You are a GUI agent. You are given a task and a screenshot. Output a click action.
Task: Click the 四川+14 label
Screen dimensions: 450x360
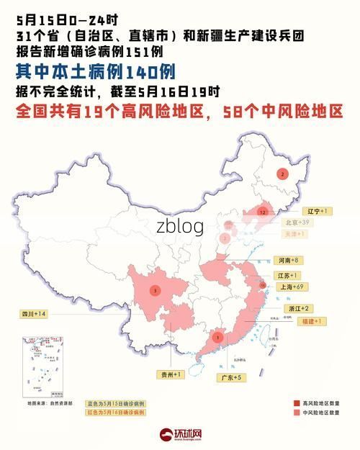33,314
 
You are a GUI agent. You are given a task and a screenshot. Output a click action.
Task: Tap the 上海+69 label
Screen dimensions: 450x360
290,287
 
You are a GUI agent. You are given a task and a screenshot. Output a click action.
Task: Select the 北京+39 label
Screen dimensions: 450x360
296,223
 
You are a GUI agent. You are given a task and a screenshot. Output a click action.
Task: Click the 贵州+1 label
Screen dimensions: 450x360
172,374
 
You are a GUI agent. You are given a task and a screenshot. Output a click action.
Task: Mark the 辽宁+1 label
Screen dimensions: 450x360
317,211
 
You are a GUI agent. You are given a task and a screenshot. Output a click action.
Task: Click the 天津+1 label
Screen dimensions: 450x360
296,234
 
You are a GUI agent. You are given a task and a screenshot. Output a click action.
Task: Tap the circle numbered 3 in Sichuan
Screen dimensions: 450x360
156,291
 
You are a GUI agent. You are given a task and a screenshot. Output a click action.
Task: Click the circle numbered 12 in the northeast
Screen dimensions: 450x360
264,212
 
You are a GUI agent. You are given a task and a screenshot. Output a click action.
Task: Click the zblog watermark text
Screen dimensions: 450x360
180,227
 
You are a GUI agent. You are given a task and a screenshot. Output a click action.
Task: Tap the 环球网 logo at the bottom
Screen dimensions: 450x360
180,435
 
